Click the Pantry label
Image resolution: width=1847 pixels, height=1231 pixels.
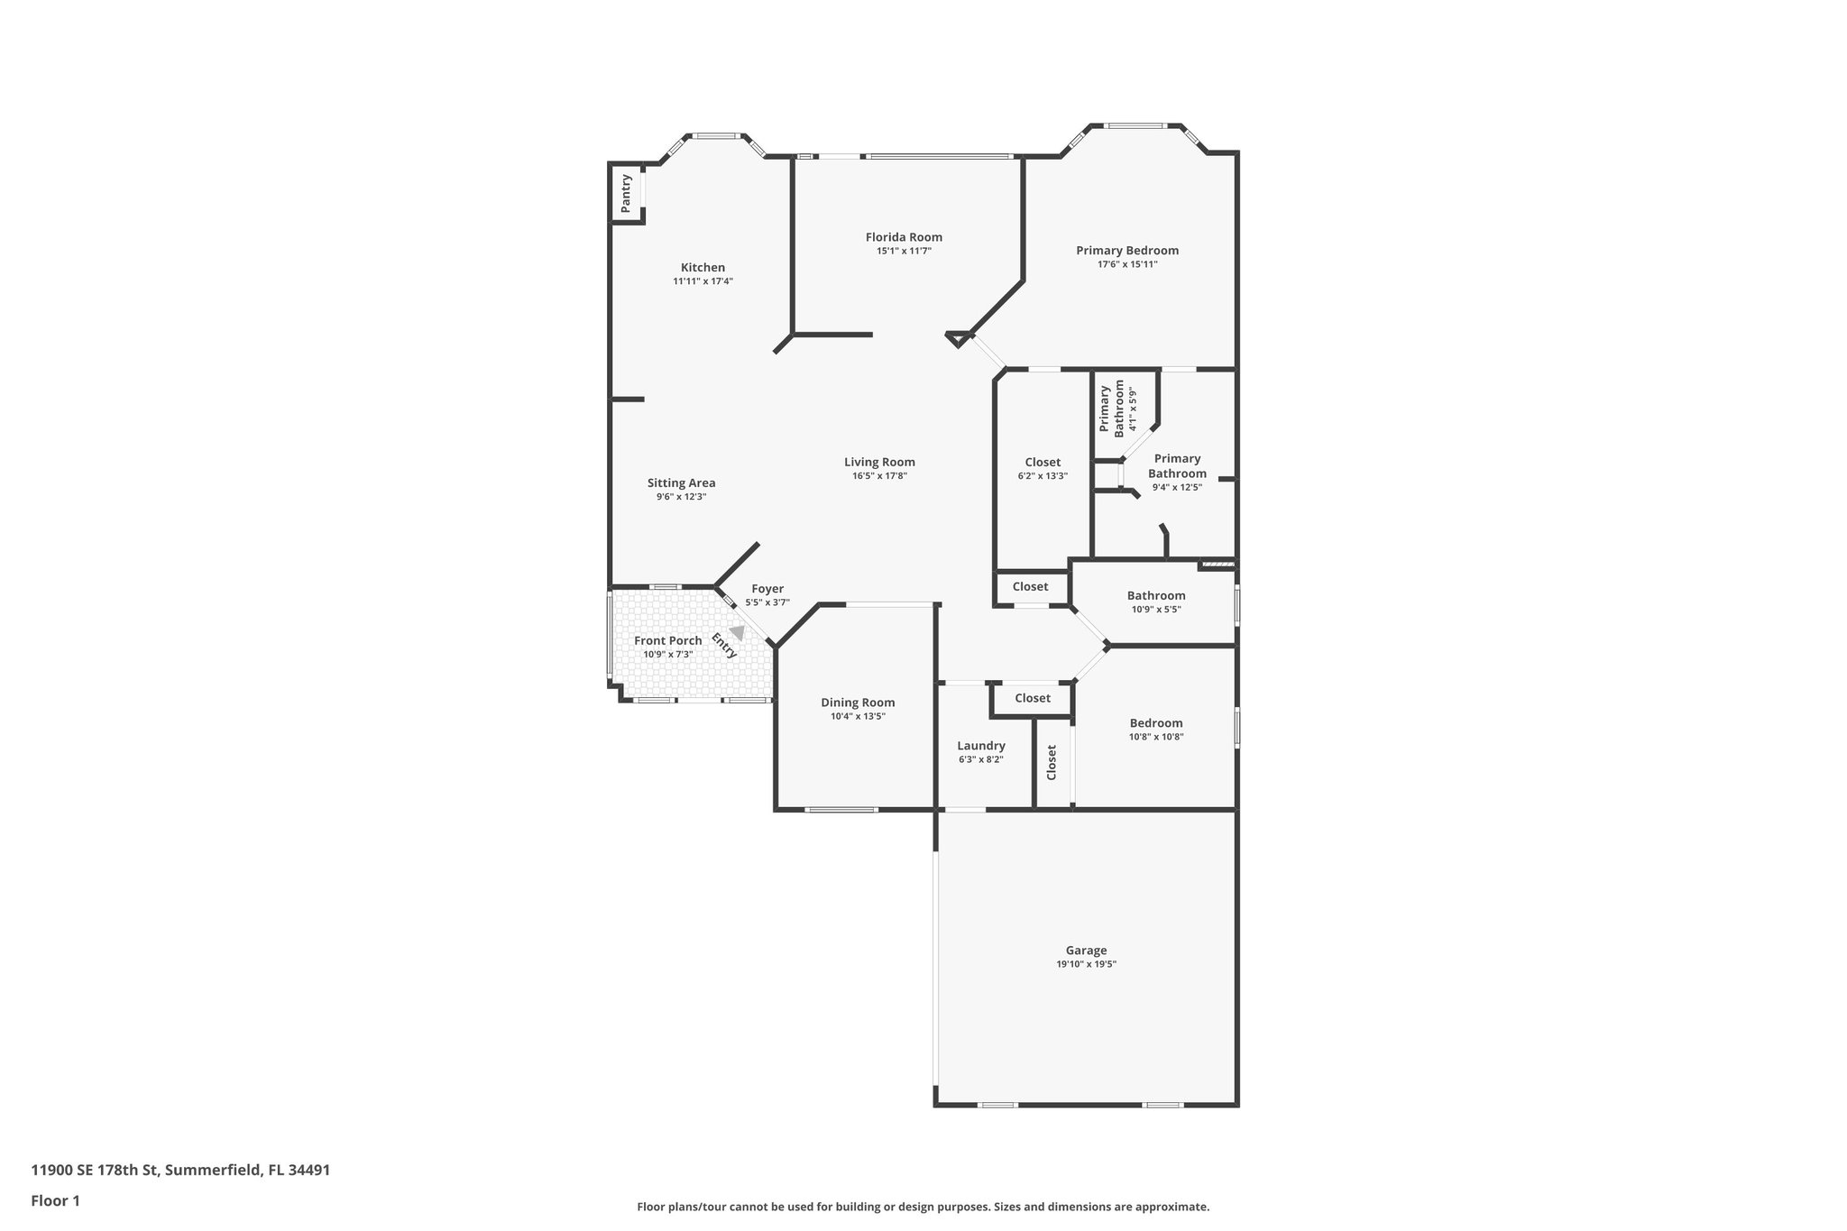click(x=626, y=193)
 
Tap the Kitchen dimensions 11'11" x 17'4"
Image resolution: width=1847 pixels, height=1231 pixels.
click(x=703, y=281)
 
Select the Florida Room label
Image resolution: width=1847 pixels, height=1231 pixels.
click(x=904, y=237)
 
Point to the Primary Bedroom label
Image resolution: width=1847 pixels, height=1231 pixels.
click(x=1126, y=251)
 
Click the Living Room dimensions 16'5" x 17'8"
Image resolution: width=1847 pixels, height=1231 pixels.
click(x=879, y=476)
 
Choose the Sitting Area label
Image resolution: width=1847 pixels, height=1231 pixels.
click(x=681, y=482)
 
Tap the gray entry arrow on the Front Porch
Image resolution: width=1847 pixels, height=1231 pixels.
click(x=738, y=633)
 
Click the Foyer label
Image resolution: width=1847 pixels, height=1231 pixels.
click(x=767, y=589)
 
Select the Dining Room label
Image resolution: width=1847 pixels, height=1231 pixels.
click(x=858, y=703)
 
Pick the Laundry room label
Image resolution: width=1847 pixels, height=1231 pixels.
click(x=980, y=746)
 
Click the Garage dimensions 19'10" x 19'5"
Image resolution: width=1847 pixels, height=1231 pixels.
click(x=1086, y=964)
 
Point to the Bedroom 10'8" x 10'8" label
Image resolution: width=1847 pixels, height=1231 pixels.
click(x=1155, y=723)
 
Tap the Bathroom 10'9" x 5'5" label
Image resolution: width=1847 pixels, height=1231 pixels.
click(x=1155, y=595)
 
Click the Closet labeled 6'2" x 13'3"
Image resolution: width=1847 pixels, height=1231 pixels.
click(x=1043, y=463)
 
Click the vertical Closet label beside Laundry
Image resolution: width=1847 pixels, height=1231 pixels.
click(x=1052, y=762)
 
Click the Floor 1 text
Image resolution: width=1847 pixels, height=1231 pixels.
click(x=56, y=1200)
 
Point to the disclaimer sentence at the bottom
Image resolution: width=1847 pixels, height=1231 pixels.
click(x=923, y=1207)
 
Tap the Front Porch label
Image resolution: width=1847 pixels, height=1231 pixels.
click(x=667, y=640)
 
